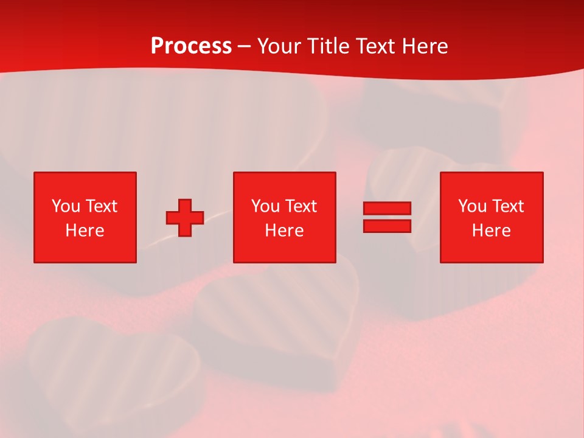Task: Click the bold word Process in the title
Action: [191, 46]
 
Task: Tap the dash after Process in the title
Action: [245, 46]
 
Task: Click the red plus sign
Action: [185, 218]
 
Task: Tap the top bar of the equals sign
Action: [387, 209]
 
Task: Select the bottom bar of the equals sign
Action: [387, 226]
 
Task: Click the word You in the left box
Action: [66, 206]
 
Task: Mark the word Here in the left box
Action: [85, 231]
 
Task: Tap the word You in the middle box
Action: [265, 206]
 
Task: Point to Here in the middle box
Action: [284, 231]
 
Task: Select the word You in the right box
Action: [472, 206]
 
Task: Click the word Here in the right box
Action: [491, 231]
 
